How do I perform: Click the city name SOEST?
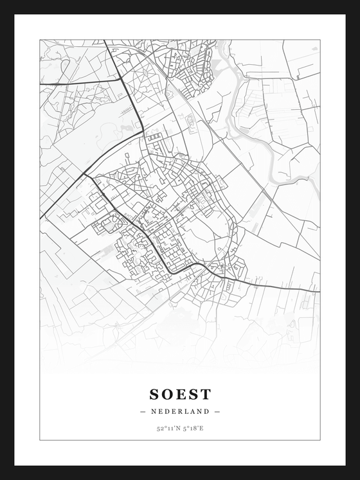(x=180, y=393)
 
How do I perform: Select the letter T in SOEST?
(x=206, y=393)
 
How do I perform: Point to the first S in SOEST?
(x=155, y=393)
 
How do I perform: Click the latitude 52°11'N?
(x=167, y=427)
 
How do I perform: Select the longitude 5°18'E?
(x=194, y=427)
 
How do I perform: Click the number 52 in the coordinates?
(x=159, y=427)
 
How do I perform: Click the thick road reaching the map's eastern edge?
(x=318, y=290)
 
